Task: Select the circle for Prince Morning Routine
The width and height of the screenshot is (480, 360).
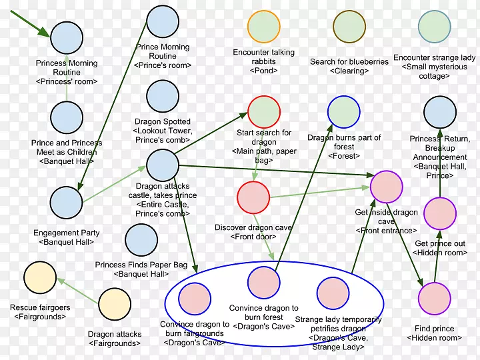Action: coord(163,21)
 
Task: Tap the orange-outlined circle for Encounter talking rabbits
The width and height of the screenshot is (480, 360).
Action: coord(264,27)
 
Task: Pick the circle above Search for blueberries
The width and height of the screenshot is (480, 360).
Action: coord(349,27)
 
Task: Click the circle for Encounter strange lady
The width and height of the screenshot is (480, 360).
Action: coord(434,27)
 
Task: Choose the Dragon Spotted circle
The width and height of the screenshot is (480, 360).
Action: coord(163,97)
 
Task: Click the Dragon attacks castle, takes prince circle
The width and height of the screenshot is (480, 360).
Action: coord(162,165)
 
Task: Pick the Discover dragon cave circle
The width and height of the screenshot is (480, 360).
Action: coord(253,197)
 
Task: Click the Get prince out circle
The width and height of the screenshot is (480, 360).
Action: coord(439,213)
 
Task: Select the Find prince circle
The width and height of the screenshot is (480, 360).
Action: coord(434,299)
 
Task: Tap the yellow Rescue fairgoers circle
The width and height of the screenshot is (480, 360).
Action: coord(39,278)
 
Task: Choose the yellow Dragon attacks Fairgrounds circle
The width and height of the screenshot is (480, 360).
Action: coord(115,304)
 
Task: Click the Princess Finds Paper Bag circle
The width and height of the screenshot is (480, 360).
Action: coord(141,240)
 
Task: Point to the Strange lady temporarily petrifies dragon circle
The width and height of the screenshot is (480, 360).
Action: coord(333,293)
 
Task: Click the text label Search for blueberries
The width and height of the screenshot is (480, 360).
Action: coord(349,62)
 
